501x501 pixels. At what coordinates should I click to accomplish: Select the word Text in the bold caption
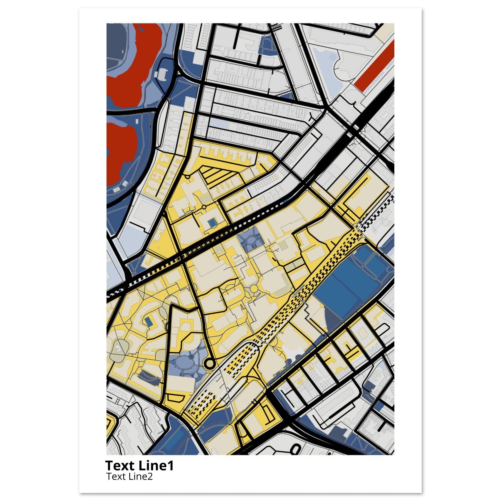click(119, 466)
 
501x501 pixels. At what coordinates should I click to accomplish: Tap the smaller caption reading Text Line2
click(129, 476)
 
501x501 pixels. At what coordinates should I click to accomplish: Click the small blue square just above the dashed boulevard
click(211, 222)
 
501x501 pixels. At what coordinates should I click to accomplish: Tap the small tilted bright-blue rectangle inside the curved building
click(149, 322)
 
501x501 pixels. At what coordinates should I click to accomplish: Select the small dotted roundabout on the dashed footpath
click(204, 206)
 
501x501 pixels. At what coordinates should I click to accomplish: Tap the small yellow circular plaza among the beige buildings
click(254, 288)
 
